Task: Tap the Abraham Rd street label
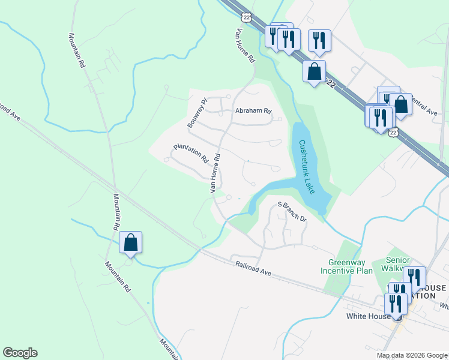click(253, 111)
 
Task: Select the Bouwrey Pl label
click(196, 113)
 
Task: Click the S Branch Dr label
click(292, 212)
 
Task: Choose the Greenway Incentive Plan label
click(351, 266)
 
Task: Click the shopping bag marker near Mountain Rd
click(131, 243)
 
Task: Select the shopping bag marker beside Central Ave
click(401, 105)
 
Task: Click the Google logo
click(20, 353)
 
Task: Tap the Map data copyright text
click(412, 355)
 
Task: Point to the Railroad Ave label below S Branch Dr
click(253, 268)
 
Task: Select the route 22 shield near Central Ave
click(393, 132)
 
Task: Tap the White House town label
click(369, 316)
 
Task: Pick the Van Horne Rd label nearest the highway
click(246, 46)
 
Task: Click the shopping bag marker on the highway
click(315, 72)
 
